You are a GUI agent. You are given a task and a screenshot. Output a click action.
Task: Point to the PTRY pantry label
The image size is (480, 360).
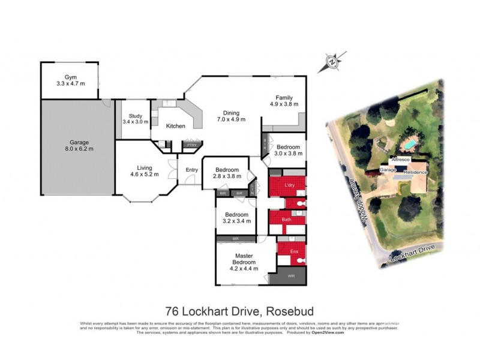(191, 145)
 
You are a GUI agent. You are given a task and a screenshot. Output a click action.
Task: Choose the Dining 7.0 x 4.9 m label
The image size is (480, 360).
(231, 116)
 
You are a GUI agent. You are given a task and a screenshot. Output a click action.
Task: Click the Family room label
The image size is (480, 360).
(284, 101)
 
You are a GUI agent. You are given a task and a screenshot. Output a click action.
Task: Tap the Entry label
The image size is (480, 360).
(191, 170)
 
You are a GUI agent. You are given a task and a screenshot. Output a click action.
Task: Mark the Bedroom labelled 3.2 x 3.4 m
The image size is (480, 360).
(237, 218)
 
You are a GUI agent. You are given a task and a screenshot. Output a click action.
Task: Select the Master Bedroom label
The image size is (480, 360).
(243, 262)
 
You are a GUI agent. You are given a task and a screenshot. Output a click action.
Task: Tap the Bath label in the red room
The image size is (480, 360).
(287, 220)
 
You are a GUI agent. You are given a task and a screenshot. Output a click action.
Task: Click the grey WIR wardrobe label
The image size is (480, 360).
(292, 277)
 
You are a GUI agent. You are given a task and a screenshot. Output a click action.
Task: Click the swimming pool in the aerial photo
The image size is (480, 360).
(409, 145)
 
